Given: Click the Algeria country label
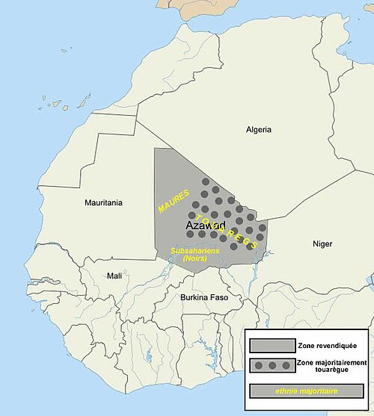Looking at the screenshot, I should (x=259, y=129).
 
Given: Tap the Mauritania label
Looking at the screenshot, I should (x=104, y=202).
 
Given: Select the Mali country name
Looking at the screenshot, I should (x=114, y=276).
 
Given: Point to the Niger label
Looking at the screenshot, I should (x=322, y=244).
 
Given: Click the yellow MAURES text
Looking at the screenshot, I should (x=173, y=202).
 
